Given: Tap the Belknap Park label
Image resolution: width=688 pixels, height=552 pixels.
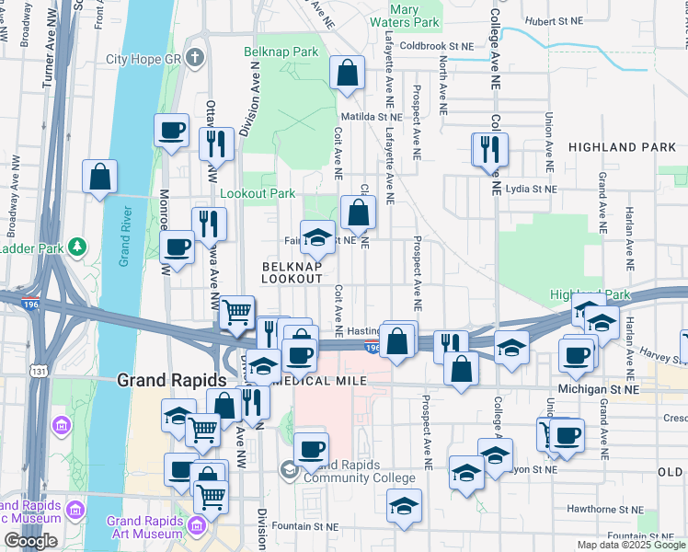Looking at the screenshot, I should (x=281, y=52).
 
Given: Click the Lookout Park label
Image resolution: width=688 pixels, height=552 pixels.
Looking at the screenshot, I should (x=258, y=194).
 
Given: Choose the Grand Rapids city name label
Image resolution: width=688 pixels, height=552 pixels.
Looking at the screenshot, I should (x=171, y=380).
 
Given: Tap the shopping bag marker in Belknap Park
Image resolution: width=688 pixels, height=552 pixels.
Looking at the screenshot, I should (x=348, y=74).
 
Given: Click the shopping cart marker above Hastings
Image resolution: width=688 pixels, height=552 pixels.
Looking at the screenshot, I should (x=238, y=314).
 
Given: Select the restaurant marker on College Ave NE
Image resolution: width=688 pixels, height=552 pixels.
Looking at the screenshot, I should (x=489, y=149).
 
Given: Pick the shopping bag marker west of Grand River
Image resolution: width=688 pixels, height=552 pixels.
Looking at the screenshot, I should (x=99, y=178).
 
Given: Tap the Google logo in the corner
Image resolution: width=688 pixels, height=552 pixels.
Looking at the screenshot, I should (x=30, y=541).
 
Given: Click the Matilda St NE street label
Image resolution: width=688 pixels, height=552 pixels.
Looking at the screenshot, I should (x=372, y=118).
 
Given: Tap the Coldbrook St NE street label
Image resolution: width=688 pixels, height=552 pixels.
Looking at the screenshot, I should (x=436, y=45).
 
